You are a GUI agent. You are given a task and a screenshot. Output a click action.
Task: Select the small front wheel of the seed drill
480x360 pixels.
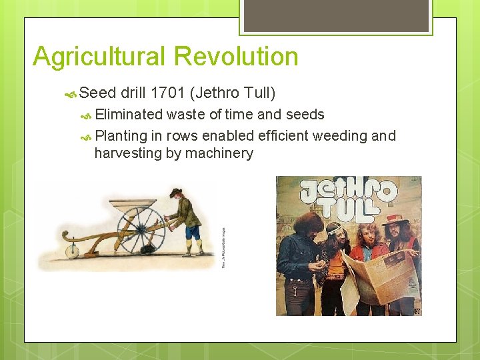(x=71, y=251)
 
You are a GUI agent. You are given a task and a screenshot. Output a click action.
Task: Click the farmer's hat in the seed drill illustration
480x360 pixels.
(x=175, y=192)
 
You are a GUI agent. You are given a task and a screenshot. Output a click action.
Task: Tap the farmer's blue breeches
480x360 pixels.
(x=192, y=232)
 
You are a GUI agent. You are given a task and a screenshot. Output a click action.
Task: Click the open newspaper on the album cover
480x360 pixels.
(x=379, y=277)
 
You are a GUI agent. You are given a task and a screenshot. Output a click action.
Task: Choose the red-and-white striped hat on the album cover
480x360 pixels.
(x=396, y=219)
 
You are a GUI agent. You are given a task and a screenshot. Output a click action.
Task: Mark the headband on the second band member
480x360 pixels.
(x=333, y=231)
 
